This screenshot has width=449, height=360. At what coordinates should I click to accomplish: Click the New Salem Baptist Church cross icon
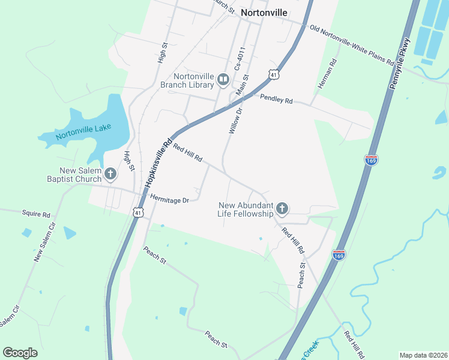[110, 174]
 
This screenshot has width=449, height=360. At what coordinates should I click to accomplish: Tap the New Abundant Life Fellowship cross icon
[282, 209]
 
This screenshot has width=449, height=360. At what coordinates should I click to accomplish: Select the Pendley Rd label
[276, 100]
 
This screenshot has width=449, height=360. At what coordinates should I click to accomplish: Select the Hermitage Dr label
[170, 198]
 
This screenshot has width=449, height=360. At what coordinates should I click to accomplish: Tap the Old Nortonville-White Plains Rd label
[352, 45]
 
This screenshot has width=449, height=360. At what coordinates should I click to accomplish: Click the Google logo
[20, 353]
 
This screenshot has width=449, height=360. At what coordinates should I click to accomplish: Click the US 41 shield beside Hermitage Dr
[139, 212]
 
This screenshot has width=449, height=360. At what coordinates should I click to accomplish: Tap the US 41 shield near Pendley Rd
[274, 74]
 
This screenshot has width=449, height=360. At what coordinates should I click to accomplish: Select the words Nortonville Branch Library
[191, 80]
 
